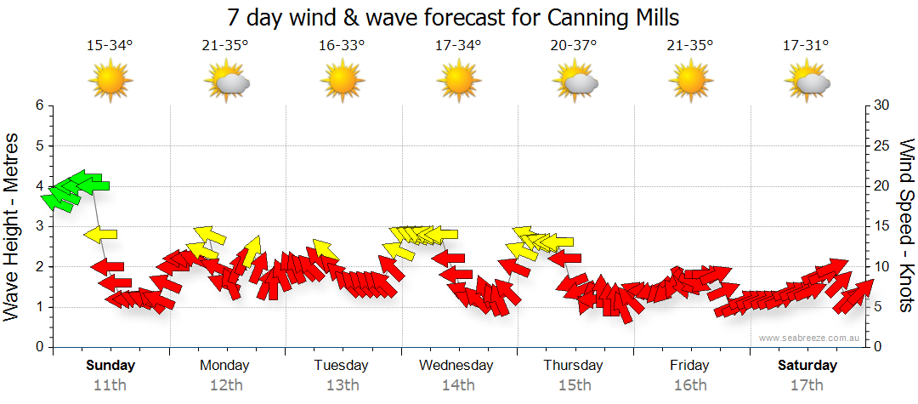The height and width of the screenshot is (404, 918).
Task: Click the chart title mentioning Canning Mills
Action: click(x=454, y=17)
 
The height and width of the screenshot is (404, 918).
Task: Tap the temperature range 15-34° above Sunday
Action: click(x=110, y=45)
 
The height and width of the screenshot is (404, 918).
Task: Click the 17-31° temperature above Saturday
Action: click(x=805, y=45)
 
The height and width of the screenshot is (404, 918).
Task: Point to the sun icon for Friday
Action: click(x=690, y=82)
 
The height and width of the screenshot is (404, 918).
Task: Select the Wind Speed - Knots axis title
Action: click(x=905, y=227)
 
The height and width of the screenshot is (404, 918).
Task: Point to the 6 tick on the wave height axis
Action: click(x=38, y=105)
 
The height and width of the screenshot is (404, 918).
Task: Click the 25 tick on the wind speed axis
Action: click(x=882, y=145)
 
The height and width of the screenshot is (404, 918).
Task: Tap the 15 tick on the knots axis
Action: click(x=882, y=226)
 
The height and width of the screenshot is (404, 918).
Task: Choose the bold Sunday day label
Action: click(x=110, y=366)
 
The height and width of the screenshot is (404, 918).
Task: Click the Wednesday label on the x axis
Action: click(x=456, y=366)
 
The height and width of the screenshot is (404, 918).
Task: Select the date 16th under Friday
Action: click(x=689, y=384)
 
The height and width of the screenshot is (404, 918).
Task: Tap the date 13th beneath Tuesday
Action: click(x=342, y=384)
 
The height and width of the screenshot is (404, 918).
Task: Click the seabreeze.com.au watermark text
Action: click(x=811, y=339)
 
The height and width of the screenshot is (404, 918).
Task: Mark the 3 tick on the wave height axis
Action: click(x=38, y=226)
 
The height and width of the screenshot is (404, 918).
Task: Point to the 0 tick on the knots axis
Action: click(x=878, y=347)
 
